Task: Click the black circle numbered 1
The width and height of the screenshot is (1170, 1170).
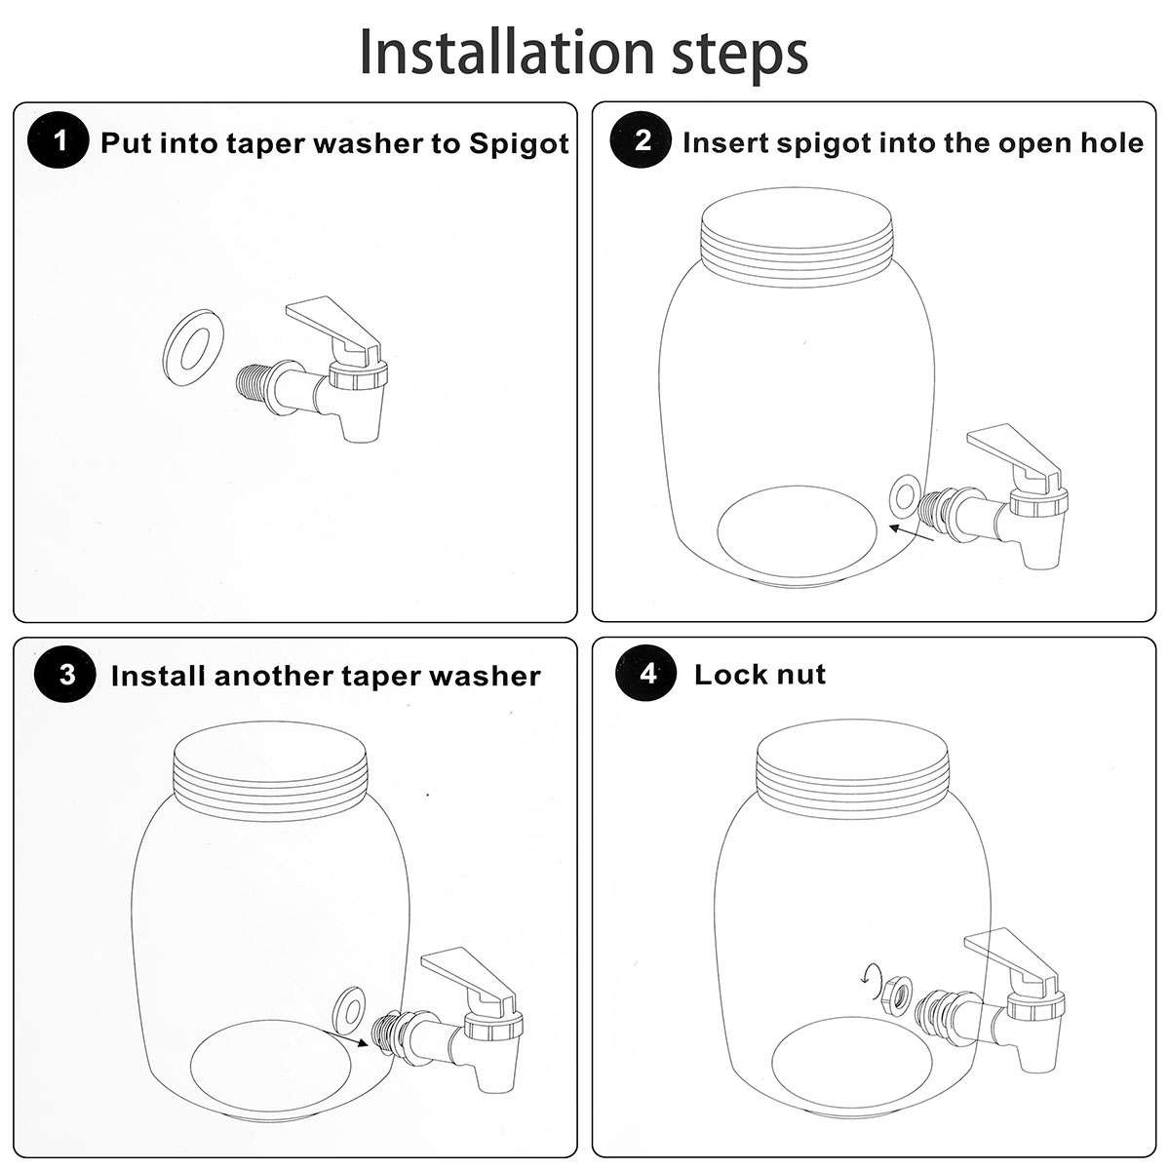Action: pos(58,142)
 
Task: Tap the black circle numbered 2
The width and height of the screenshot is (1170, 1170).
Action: pos(642,140)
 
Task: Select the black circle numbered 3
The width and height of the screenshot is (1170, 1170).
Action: pos(65,675)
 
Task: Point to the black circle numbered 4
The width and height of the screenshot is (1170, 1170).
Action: pos(646,674)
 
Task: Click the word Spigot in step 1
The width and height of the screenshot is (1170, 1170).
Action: pos(519,144)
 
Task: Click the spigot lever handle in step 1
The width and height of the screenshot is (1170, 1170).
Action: pos(332,325)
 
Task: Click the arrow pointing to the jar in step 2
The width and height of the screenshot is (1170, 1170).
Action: pos(912,532)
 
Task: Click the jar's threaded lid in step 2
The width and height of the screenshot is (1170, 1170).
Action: pos(796,238)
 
